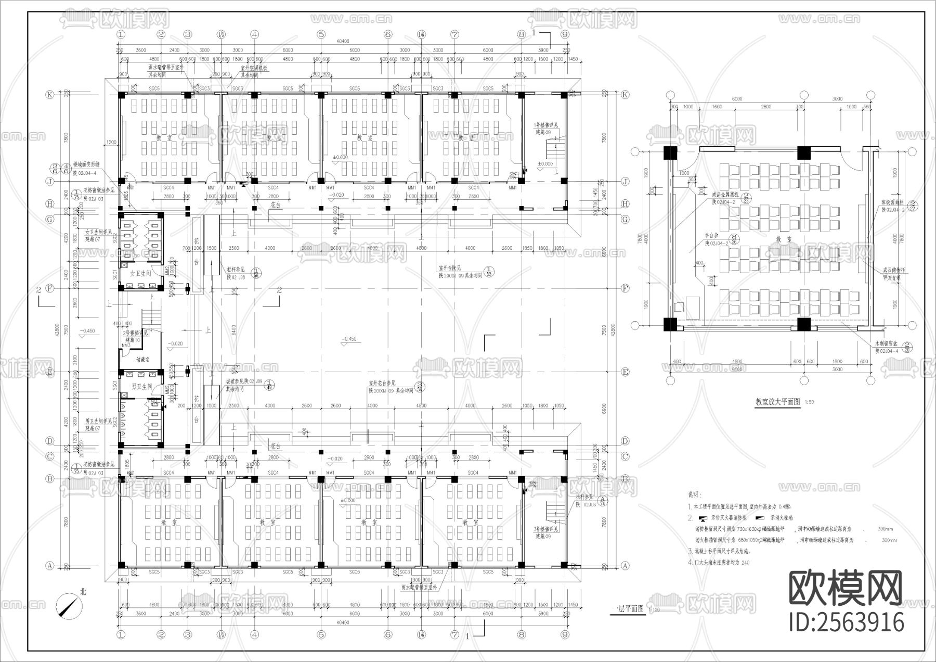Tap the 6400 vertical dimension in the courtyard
point(234,329)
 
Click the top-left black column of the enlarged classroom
point(670,154)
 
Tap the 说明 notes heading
point(694,494)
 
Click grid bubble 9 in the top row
point(565,34)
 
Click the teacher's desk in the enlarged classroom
point(693,304)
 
